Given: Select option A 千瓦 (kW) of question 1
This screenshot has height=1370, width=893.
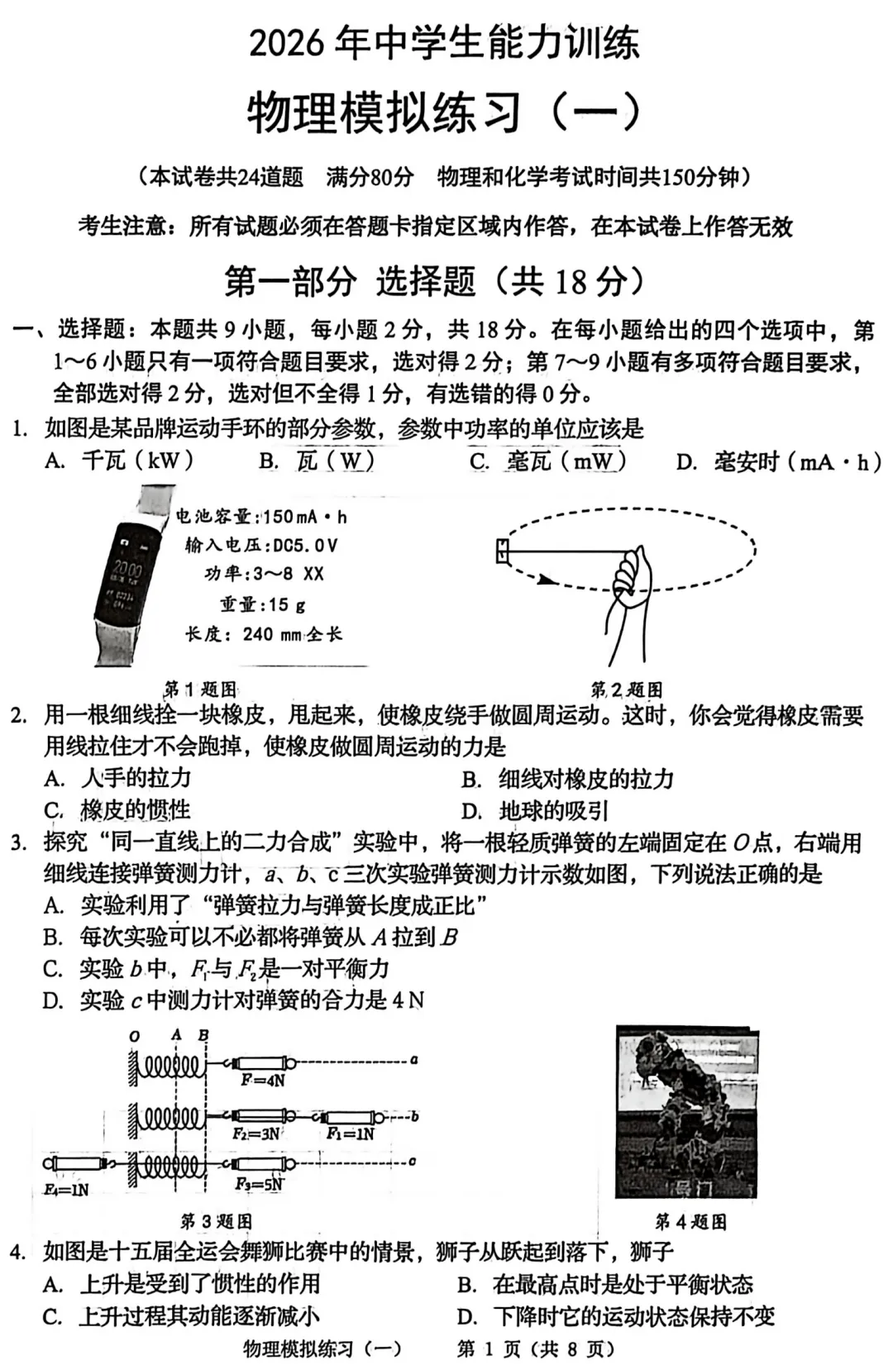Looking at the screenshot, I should [x=120, y=461].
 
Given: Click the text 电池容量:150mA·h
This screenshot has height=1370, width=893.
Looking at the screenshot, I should [x=261, y=517].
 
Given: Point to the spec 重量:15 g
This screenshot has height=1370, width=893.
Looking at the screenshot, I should [x=262, y=604].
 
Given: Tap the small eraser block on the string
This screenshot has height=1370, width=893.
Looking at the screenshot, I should [x=502, y=551].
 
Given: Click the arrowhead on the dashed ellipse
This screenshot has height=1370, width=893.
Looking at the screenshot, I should [x=546, y=580].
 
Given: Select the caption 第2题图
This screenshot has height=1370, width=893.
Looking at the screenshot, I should [x=626, y=690].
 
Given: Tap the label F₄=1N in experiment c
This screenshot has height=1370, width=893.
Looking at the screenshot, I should [x=66, y=1189].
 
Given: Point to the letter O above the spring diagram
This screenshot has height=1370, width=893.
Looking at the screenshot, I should [x=135, y=1036].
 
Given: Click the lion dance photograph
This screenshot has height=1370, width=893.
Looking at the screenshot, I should [x=686, y=1112].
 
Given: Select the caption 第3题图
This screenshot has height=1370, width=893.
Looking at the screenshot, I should [x=216, y=1221].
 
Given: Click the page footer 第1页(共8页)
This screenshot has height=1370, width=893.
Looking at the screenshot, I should [x=536, y=1349].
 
